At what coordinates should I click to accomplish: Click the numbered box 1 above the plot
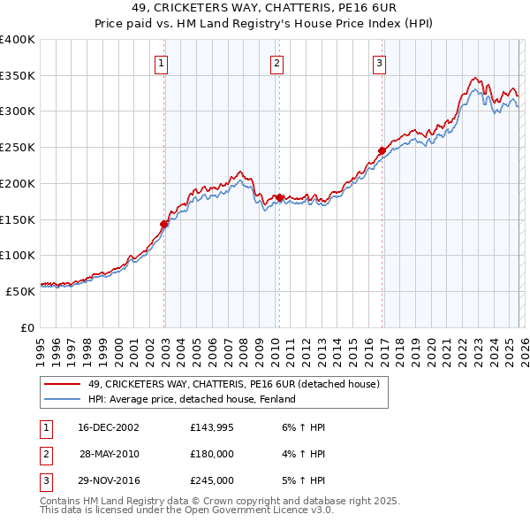tap(163, 63)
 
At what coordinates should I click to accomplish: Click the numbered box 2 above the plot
tap(276, 63)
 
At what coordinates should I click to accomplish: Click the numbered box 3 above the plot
tap(379, 63)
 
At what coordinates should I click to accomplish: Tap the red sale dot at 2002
tap(164, 224)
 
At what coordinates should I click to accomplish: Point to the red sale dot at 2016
tap(382, 150)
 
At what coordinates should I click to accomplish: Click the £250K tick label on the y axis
tap(17, 147)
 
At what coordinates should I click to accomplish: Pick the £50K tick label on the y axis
tap(20, 291)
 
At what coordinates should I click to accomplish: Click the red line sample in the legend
tap(62, 384)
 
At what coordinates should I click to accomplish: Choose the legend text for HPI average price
tap(191, 399)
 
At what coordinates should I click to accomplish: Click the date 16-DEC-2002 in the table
tap(109, 427)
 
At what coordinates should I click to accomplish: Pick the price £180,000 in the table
tap(212, 454)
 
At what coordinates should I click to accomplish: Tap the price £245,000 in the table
tap(212, 480)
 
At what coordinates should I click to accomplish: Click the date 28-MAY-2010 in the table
tap(109, 454)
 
